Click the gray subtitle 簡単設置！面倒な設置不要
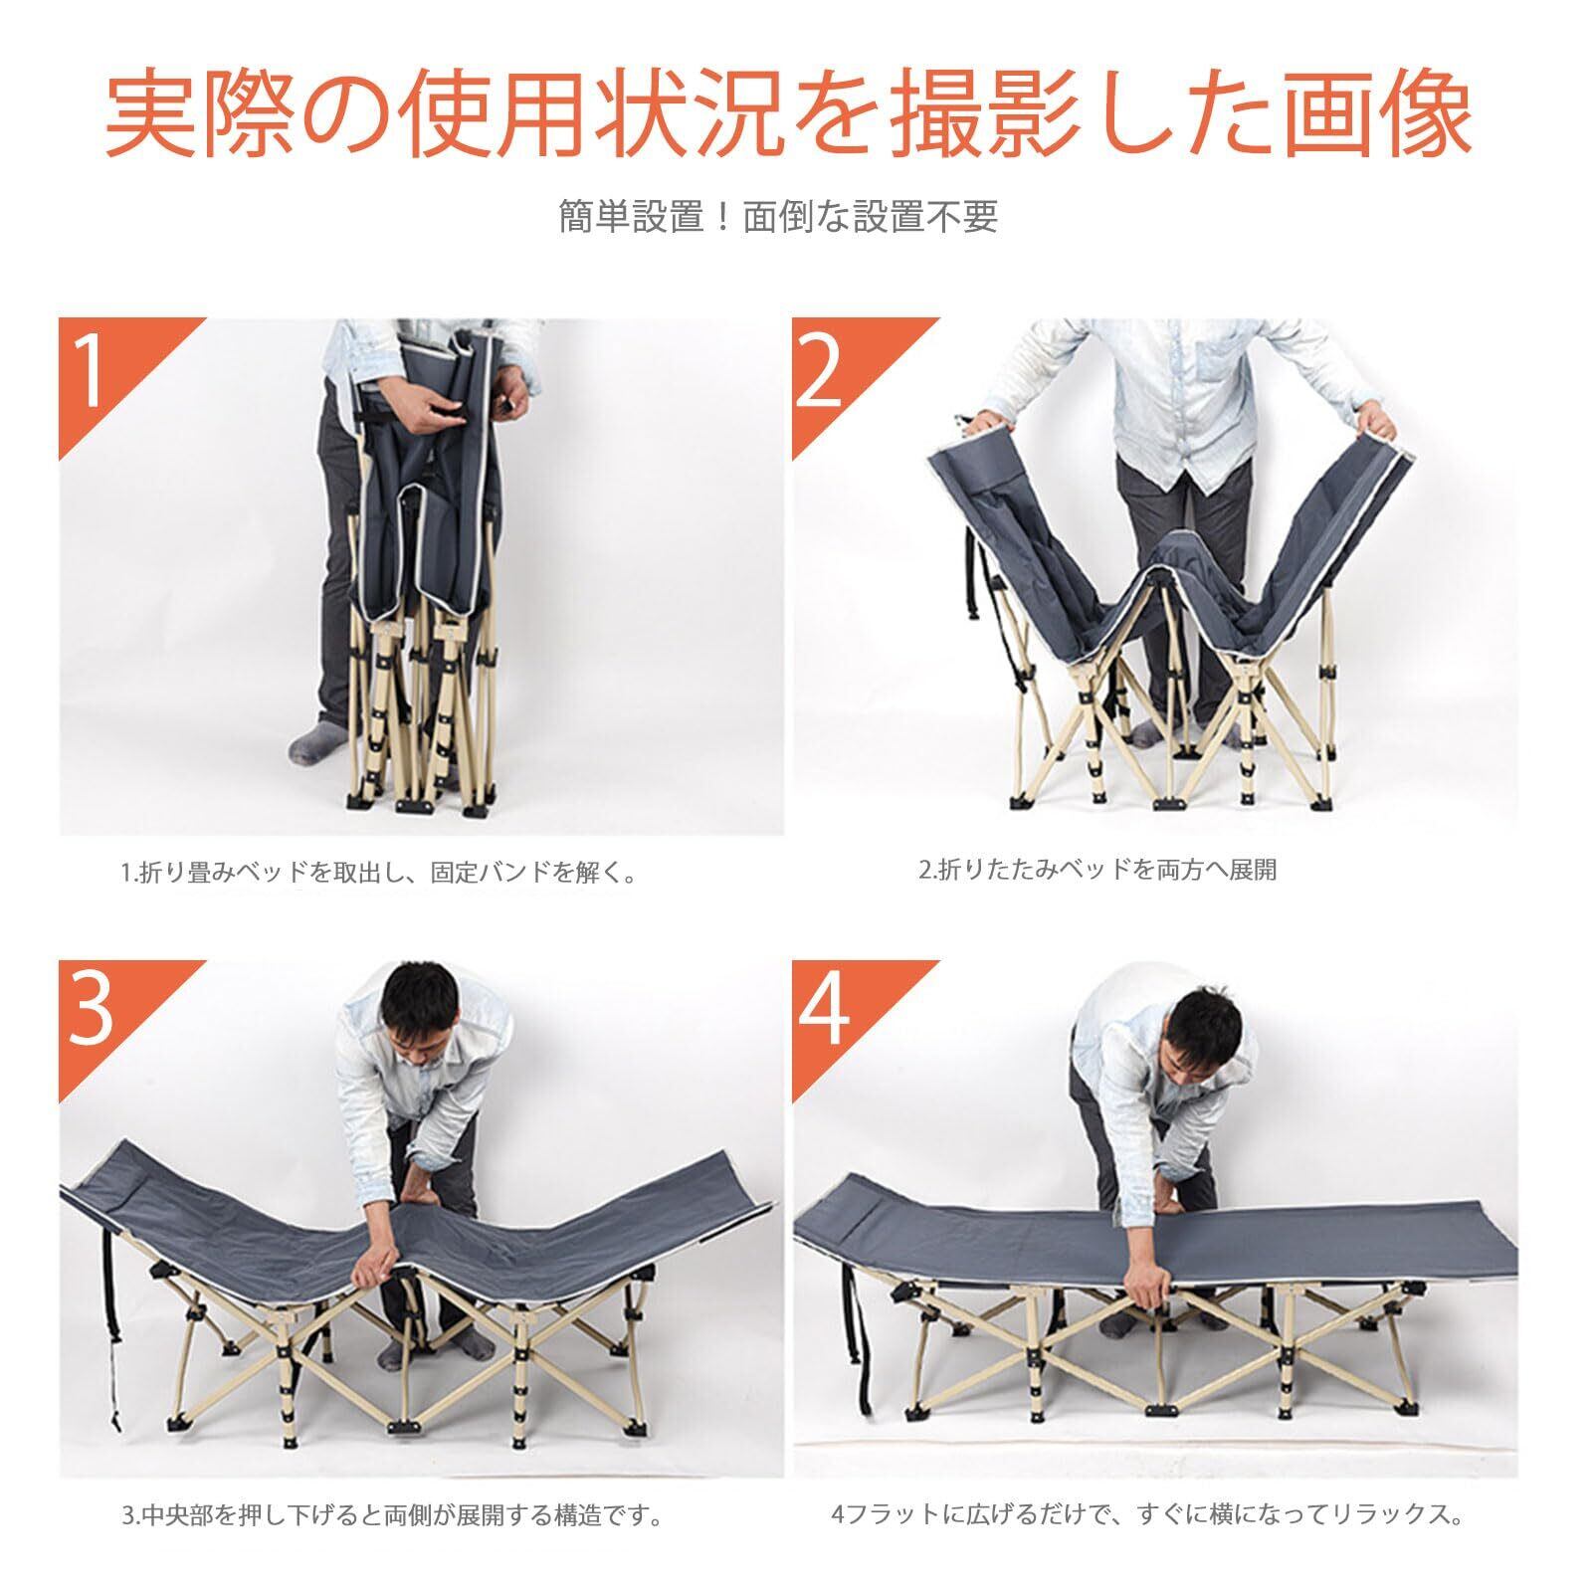point(777,215)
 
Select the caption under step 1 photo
point(378,874)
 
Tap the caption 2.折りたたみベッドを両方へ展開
point(1096,870)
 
